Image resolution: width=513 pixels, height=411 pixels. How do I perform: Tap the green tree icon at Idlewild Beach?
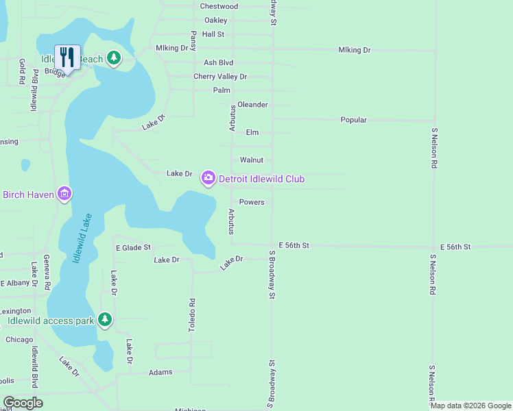114,59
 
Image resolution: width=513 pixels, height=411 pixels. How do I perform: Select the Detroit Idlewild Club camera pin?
207,179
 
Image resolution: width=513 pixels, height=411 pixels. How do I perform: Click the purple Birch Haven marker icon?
64,195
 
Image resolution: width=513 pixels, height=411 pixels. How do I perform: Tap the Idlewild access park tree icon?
105,320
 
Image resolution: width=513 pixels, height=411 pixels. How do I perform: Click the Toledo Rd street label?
192,315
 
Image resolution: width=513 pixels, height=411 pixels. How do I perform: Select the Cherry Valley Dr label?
219,77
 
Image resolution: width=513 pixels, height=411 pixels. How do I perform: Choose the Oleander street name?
252,105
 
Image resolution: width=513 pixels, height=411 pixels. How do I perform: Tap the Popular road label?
354,120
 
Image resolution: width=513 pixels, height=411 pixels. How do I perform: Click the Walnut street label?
252,160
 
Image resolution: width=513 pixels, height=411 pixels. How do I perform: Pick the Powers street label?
252,202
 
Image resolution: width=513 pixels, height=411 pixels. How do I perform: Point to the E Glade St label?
133,247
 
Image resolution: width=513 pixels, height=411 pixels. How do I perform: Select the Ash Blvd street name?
219,62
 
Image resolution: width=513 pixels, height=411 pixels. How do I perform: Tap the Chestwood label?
219,6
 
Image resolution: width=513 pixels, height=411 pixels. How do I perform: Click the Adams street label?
160,373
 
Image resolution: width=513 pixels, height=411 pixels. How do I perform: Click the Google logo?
23,403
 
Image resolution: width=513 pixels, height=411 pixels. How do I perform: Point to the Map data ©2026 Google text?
470,406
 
